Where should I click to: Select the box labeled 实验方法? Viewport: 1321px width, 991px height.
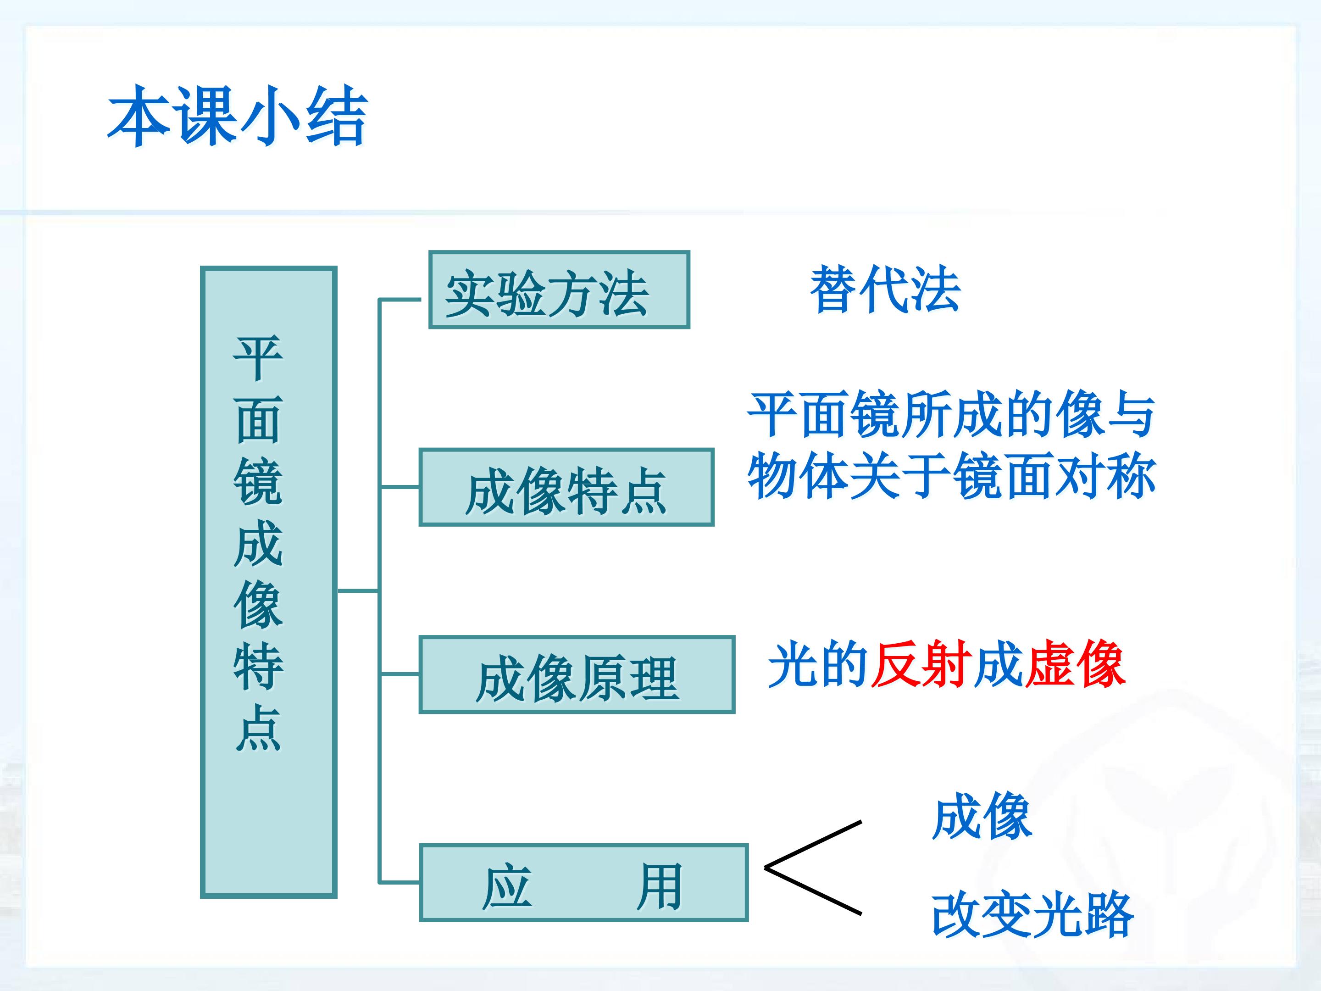tap(559, 290)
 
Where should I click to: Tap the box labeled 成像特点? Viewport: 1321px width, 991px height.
tap(566, 487)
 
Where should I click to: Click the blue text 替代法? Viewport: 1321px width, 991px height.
tap(884, 289)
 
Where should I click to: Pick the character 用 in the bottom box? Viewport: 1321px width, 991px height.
tap(659, 886)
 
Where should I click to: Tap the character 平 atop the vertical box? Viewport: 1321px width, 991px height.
tap(258, 357)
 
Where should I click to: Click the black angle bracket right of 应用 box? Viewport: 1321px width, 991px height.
tap(812, 867)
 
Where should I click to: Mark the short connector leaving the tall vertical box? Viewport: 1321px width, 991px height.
tap(357, 591)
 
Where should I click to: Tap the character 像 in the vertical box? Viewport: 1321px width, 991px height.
tap(258, 605)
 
